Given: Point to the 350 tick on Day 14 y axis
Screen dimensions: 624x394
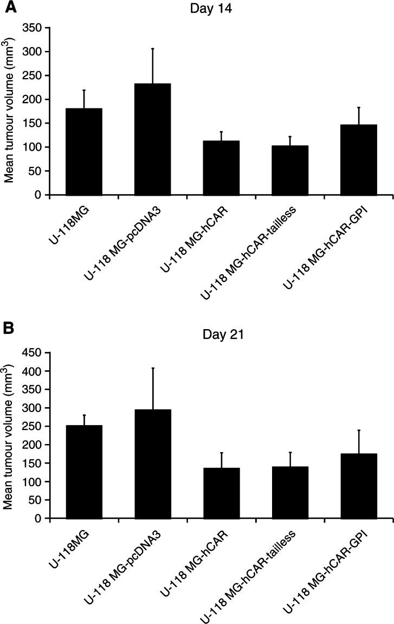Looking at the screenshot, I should pos(49,28).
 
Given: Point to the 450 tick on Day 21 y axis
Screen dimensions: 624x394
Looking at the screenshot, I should pos(49,353).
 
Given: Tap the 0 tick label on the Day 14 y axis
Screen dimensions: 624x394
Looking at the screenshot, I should pos(39,195).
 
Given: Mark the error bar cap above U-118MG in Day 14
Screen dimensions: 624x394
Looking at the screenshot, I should pos(84,90).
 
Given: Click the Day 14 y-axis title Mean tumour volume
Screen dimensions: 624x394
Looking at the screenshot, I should pos(10,111).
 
